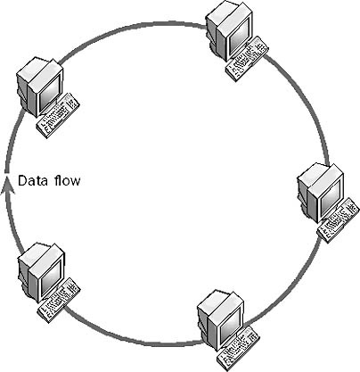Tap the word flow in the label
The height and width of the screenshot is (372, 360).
pyautogui.click(x=67, y=180)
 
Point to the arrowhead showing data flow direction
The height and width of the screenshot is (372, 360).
pyautogui.click(x=5, y=187)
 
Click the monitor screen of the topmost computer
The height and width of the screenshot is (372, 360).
pyautogui.click(x=240, y=37)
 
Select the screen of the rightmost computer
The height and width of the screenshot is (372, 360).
pyautogui.click(x=331, y=199)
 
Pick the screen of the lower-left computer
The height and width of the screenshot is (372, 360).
pyautogui.click(x=51, y=278)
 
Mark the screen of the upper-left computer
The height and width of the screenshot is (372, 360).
pyautogui.click(x=49, y=93)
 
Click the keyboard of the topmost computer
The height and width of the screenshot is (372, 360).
pyautogui.click(x=247, y=59)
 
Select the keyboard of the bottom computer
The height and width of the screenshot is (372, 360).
pyautogui.click(x=238, y=348)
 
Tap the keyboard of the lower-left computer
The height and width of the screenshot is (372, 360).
pyautogui.click(x=59, y=301)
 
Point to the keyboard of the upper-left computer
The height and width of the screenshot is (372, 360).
pyautogui.click(x=58, y=116)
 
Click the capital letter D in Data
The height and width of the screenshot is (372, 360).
pyautogui.click(x=21, y=181)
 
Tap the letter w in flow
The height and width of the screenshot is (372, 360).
pyautogui.click(x=76, y=182)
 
